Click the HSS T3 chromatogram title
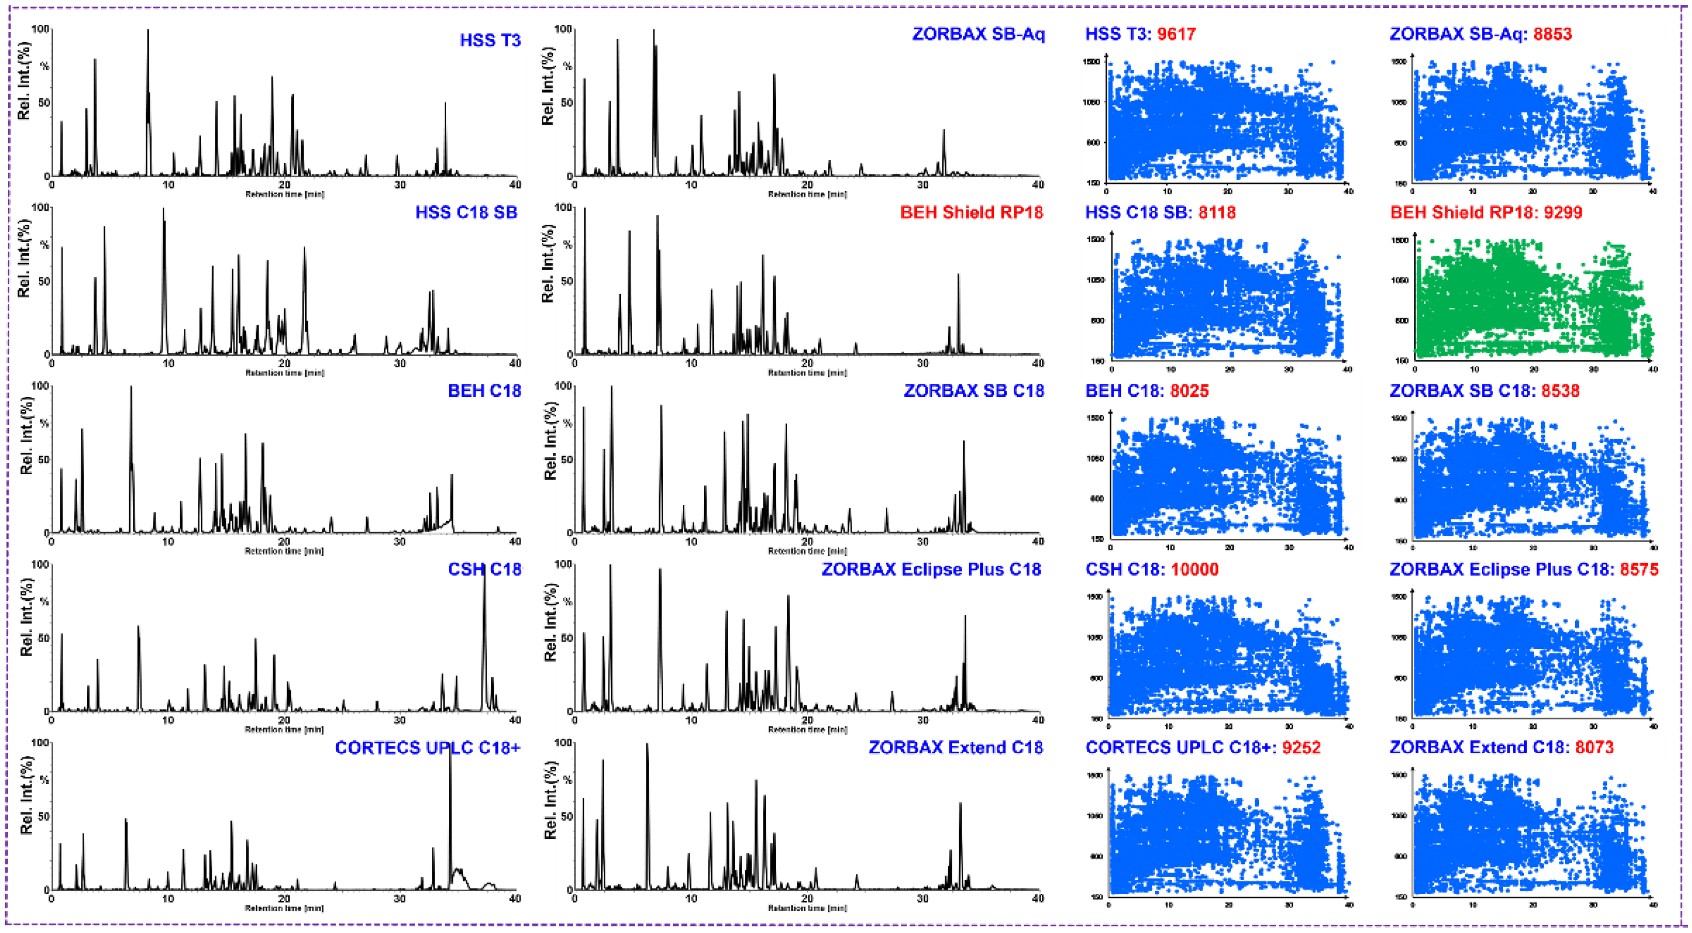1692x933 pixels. tap(490, 40)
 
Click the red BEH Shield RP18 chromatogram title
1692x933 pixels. tap(972, 212)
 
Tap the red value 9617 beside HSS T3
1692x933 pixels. tap(1177, 34)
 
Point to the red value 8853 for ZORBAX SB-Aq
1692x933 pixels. tap(1552, 34)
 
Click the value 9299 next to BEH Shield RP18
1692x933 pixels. tap(1562, 212)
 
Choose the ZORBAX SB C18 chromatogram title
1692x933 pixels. tap(974, 390)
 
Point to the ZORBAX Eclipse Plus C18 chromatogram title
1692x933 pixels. tap(931, 569)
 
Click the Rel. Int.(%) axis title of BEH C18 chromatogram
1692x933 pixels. tap(26, 436)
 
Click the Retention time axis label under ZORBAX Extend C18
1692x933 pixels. tap(807, 908)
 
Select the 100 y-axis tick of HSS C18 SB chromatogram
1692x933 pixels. tap(41, 208)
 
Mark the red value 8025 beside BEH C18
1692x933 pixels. tap(1189, 390)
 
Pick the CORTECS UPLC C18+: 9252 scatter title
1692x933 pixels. tap(1203, 747)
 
